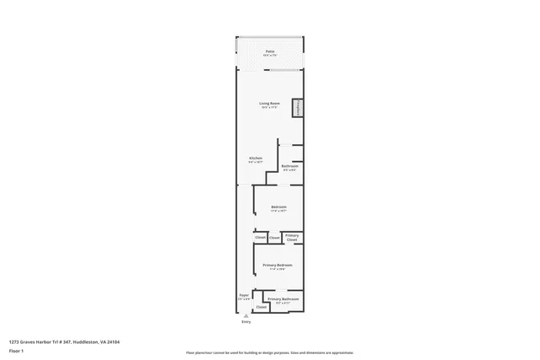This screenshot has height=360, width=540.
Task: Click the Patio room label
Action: (x=270, y=51)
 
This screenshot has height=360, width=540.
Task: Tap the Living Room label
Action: (x=270, y=103)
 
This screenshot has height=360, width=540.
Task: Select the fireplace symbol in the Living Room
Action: (x=297, y=108)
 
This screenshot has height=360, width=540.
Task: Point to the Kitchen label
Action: (x=255, y=158)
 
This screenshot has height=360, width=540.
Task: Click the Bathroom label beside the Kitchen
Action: (x=289, y=166)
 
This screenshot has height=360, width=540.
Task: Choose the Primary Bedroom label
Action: (x=278, y=265)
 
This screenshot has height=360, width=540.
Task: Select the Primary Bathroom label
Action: (x=283, y=299)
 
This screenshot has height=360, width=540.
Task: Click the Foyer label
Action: (x=243, y=295)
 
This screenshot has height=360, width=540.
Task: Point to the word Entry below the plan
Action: (x=246, y=322)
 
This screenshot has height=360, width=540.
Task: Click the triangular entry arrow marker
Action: (x=246, y=315)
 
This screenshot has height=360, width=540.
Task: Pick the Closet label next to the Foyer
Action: (x=262, y=307)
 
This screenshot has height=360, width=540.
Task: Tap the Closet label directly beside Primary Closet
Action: (x=274, y=238)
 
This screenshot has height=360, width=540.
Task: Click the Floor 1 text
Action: (x=16, y=350)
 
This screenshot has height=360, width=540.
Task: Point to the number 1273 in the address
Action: (x=14, y=341)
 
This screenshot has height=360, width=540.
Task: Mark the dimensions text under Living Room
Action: (x=270, y=107)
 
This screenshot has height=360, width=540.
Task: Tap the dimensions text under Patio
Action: (x=270, y=56)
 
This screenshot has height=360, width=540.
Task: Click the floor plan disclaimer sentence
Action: (x=270, y=352)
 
